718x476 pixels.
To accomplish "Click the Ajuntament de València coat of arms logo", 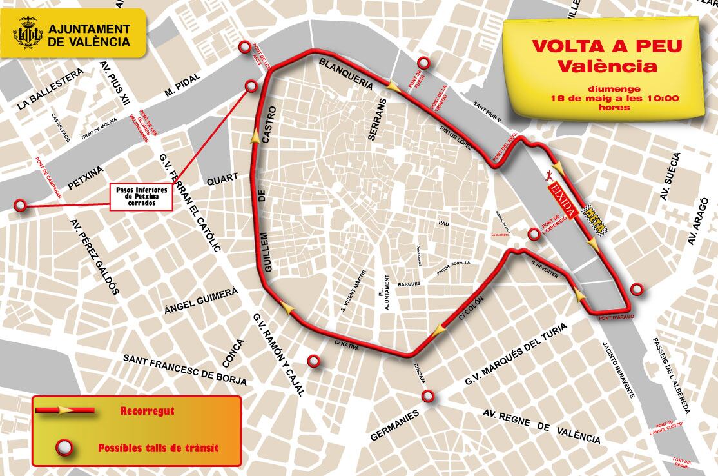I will point(28,35).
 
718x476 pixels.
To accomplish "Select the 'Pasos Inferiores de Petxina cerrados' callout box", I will point(142,197).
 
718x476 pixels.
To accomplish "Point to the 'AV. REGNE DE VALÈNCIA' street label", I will point(541,426).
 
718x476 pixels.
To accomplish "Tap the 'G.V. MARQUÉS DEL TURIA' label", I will point(516,355).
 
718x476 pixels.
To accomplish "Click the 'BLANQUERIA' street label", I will point(346,74).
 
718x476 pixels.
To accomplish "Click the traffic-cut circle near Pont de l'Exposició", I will point(534,234).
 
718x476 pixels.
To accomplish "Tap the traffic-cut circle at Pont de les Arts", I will point(244,47).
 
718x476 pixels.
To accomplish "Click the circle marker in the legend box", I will point(63,447).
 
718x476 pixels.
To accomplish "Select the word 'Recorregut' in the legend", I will point(147,410).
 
